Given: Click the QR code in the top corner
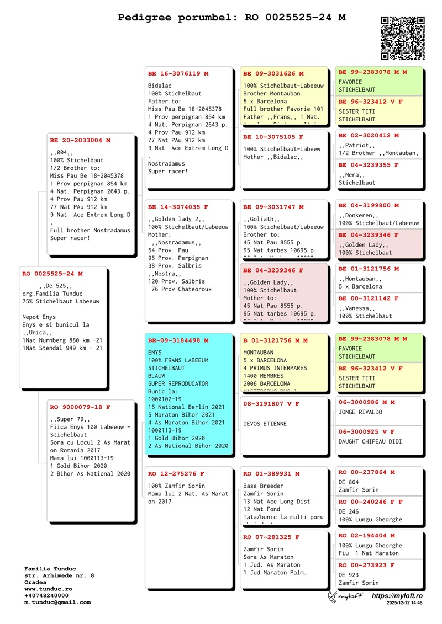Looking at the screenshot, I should (x=402, y=38).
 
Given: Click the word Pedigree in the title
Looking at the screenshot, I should (x=145, y=18).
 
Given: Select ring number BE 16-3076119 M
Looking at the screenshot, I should (x=178, y=73).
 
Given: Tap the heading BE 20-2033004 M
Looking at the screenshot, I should (x=80, y=140).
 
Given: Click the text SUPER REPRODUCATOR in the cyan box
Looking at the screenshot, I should (x=178, y=383).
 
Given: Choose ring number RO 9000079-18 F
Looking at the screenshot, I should (x=80, y=407).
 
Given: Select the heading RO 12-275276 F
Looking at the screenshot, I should (x=176, y=473).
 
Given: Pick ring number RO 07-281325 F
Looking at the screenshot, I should (x=271, y=537).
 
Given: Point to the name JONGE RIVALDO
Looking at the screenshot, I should (x=360, y=412).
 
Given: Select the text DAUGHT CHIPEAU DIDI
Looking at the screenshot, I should (x=370, y=442).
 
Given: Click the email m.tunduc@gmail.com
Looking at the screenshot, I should (x=57, y=602).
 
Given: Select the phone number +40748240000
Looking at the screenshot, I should (x=46, y=596).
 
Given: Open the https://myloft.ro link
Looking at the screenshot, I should (x=397, y=596).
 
